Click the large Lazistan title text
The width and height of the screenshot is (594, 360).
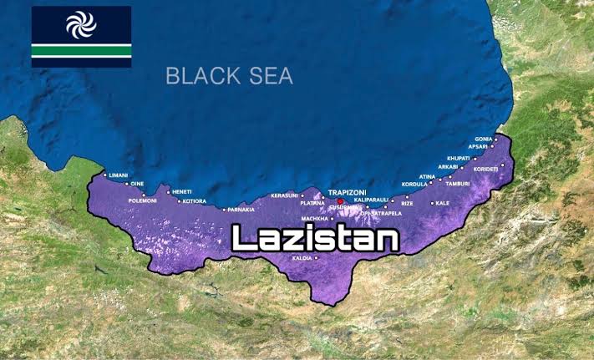coord(315,239)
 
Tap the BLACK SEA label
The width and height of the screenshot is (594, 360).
coord(229,76)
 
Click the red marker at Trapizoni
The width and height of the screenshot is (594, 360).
coord(341,201)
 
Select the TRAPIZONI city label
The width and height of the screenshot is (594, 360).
coord(348,192)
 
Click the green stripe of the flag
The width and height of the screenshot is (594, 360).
coord(81,51)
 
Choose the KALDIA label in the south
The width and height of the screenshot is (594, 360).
coord(302,258)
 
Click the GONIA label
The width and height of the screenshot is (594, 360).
coord(484,139)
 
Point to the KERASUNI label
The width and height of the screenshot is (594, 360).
coord(285,195)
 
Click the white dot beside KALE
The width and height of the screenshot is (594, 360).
coord(432,203)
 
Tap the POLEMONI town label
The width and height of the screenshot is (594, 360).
coord(143,200)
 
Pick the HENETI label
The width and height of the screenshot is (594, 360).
coord(182,191)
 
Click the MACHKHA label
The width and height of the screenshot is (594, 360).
coord(315,218)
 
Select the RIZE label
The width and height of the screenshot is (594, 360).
coord(407,203)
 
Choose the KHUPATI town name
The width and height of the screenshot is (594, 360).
coord(459,157)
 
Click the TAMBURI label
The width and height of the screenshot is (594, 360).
coord(458,184)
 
